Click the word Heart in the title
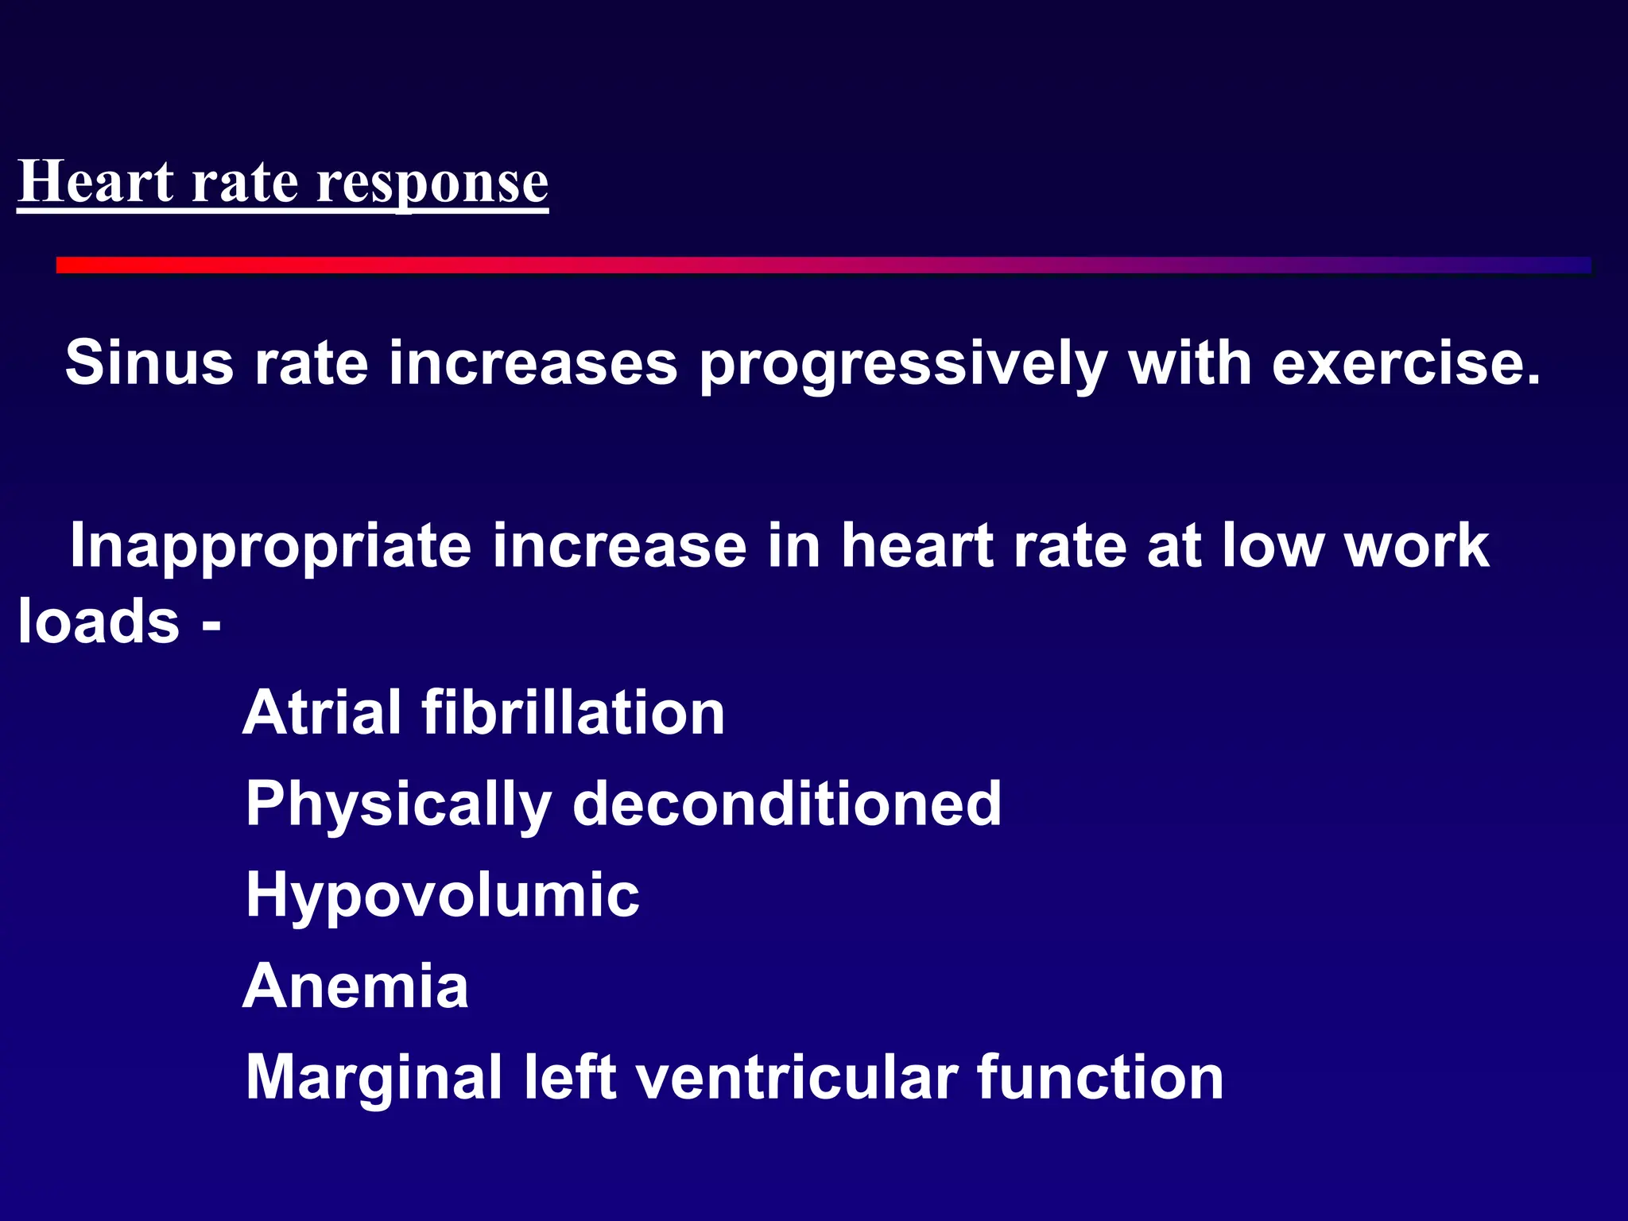pyautogui.click(x=95, y=182)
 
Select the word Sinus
pyautogui.click(x=149, y=362)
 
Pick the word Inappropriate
pyautogui.click(x=271, y=547)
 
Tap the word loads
pyautogui.click(x=99, y=621)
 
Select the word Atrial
pyautogui.click(x=321, y=712)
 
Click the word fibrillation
pyautogui.click(x=572, y=712)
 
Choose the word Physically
pyautogui.click(x=398, y=804)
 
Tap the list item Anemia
pyautogui.click(x=355, y=986)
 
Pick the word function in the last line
pyautogui.click(x=1100, y=1077)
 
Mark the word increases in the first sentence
pyautogui.click(x=533, y=362)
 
